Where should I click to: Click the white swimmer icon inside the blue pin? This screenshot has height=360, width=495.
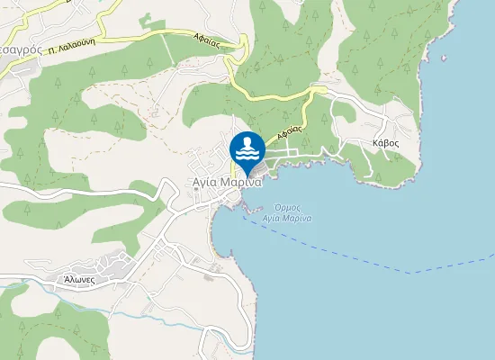pyautogui.click(x=247, y=147)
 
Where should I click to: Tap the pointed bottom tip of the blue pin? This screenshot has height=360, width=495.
pyautogui.click(x=247, y=177)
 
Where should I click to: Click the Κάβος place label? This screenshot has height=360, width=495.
pyautogui.click(x=385, y=143)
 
